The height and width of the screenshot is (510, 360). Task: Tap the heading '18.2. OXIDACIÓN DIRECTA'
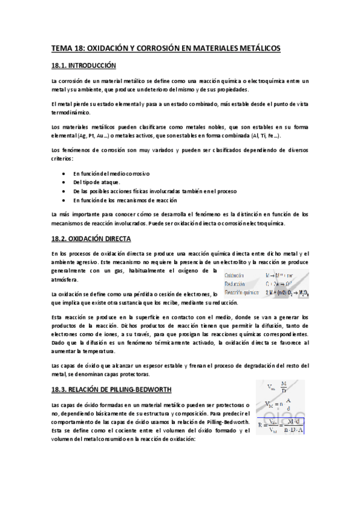click(91, 239)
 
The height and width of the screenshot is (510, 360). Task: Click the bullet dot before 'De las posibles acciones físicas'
click(64, 191)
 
